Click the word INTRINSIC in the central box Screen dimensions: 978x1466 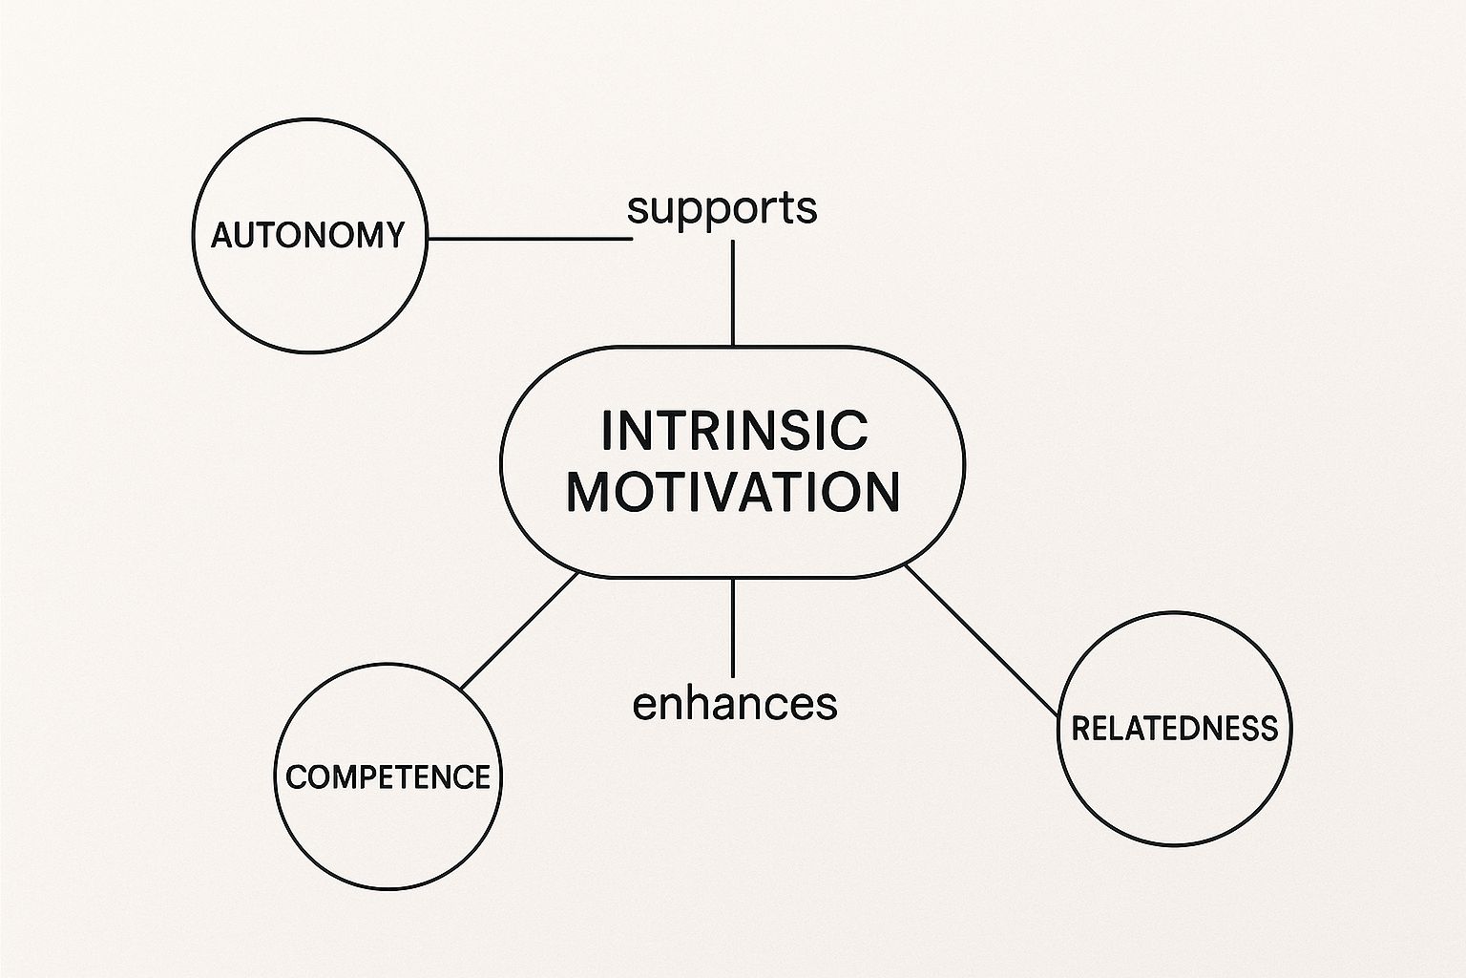(734, 430)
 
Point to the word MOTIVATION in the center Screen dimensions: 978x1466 (733, 492)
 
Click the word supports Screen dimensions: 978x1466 (723, 208)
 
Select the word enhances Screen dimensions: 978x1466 (734, 704)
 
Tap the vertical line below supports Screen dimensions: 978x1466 (732, 291)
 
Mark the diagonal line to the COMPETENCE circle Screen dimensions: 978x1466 (519, 631)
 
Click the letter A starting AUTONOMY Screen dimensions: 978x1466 (222, 235)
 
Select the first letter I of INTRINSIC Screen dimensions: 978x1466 (608, 431)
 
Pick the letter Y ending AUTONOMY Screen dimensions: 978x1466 (393, 235)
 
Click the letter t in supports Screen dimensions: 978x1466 (785, 207)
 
